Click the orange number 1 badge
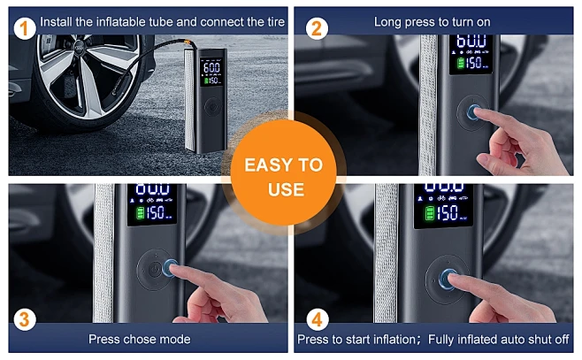pyautogui.click(x=25, y=28)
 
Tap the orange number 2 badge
pyautogui.click(x=317, y=28)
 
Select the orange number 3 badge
pyautogui.click(x=25, y=319)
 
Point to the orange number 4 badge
pyautogui.click(x=318, y=319)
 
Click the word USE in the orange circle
pyautogui.click(x=286, y=189)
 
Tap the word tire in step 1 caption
pyautogui.click(x=276, y=22)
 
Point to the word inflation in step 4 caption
pyautogui.click(x=395, y=340)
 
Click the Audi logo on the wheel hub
pyautogui.click(x=79, y=47)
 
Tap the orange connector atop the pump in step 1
pyautogui.click(x=188, y=42)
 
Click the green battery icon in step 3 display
pyautogui.click(x=140, y=213)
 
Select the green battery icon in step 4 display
pyautogui.click(x=429, y=213)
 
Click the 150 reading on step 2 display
pyautogui.click(x=473, y=62)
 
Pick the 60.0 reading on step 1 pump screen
pyautogui.click(x=211, y=67)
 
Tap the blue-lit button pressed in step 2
pyautogui.click(x=473, y=111)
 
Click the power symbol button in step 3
pyautogui.click(x=155, y=269)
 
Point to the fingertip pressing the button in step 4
pyautogui.click(x=454, y=280)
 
